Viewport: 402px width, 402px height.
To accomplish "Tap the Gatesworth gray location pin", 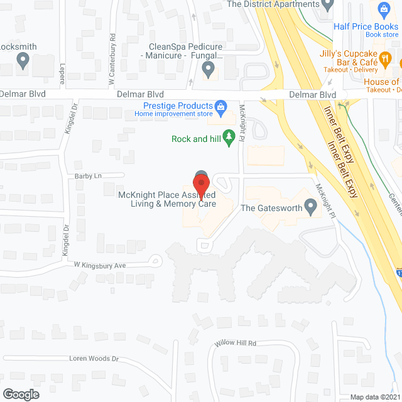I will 310,206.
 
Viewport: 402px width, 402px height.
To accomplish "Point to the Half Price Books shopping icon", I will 384,9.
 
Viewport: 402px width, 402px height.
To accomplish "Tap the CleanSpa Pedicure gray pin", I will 209,70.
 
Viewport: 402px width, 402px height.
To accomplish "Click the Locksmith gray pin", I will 23,61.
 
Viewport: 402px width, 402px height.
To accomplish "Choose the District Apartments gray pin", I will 327,4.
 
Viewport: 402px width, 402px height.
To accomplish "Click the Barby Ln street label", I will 89,176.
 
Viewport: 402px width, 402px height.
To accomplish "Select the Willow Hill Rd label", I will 236,344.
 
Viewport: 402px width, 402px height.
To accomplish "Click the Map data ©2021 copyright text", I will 374,397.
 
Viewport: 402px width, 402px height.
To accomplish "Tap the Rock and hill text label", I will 198,139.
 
